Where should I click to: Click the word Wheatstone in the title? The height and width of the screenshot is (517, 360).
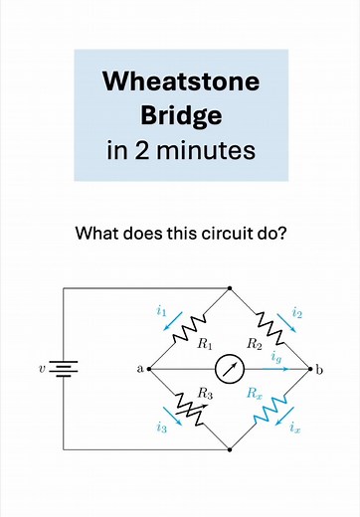point(180,82)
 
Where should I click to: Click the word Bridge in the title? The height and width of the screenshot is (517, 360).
point(180,116)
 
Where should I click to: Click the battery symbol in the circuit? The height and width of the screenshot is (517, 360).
point(65,369)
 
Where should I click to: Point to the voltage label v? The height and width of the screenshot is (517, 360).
point(42,369)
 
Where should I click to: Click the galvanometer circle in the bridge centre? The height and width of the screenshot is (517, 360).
point(231,369)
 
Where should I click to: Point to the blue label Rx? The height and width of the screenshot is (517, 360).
point(255,393)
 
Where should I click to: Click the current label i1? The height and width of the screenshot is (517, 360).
point(161,311)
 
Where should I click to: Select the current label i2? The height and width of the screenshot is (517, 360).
point(297,311)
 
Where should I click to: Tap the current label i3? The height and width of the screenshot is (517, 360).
point(161,428)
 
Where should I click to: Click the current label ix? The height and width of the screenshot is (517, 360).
point(295,429)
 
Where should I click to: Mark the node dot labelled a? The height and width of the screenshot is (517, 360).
point(149,369)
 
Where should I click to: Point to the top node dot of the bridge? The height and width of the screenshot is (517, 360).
point(230,288)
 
